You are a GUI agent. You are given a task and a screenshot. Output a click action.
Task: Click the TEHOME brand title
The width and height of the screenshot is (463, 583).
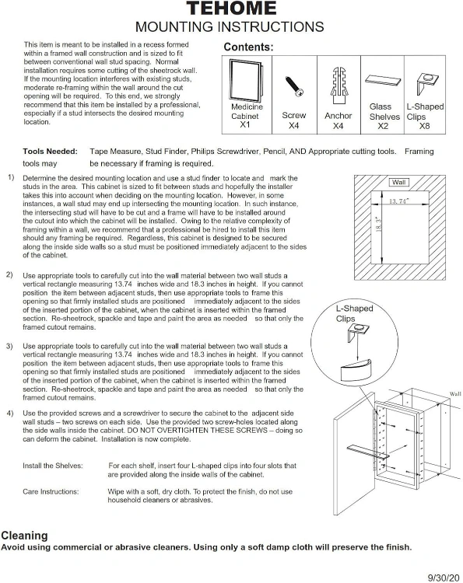[x=231, y=9]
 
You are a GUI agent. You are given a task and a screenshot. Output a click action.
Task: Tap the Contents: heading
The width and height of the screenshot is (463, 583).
[x=248, y=47]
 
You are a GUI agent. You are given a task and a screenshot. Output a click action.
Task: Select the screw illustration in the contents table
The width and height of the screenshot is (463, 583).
[x=294, y=86]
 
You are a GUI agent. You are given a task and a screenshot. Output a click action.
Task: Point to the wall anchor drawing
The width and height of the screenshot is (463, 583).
[x=338, y=86]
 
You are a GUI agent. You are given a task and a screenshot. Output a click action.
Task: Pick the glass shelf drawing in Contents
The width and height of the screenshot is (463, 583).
[x=383, y=80]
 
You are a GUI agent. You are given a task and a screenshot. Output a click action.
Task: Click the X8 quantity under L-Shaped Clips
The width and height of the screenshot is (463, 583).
[x=424, y=126]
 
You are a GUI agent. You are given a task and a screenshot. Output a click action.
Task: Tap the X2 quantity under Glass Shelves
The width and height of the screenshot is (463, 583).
[x=383, y=126]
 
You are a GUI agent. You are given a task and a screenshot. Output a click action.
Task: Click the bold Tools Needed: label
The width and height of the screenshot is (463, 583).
[x=51, y=152]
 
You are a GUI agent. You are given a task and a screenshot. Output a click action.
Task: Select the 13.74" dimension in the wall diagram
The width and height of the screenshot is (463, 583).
[x=399, y=201]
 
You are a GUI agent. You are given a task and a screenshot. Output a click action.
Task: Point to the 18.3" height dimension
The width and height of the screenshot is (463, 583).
[x=379, y=225]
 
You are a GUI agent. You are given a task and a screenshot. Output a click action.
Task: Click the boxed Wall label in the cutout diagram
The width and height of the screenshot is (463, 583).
[x=398, y=182]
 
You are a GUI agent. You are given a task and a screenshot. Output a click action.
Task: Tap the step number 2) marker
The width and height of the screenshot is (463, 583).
[x=9, y=274]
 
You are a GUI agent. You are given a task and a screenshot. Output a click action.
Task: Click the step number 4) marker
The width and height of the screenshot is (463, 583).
[x=9, y=413]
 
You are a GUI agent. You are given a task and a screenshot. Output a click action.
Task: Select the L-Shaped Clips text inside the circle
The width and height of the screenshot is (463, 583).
[x=354, y=313]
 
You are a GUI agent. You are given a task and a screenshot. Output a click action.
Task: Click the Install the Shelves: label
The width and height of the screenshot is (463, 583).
[x=53, y=466]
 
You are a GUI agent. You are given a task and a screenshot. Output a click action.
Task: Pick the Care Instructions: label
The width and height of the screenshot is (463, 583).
[x=51, y=491]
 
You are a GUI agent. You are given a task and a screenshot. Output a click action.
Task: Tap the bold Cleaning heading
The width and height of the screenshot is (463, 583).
[x=25, y=536]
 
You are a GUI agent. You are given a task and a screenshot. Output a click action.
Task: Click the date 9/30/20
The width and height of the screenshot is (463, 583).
[x=444, y=578]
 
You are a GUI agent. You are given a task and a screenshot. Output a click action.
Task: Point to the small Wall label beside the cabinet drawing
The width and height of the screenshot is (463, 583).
[x=455, y=394]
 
